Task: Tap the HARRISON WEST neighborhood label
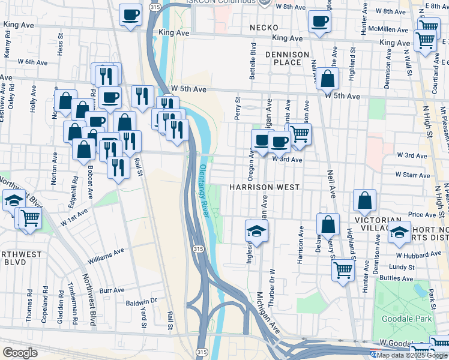(264, 188)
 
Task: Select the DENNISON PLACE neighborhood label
(286, 58)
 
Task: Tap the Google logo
(20, 353)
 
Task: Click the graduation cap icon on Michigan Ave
(256, 231)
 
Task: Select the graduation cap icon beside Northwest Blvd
(13, 202)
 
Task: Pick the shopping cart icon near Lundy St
(343, 270)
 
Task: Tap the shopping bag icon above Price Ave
(364, 201)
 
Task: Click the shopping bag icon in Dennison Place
(328, 79)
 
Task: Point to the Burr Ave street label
(112, 290)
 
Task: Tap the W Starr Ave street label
(412, 176)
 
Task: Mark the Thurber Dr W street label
(272, 288)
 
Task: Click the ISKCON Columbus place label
(226, 2)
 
